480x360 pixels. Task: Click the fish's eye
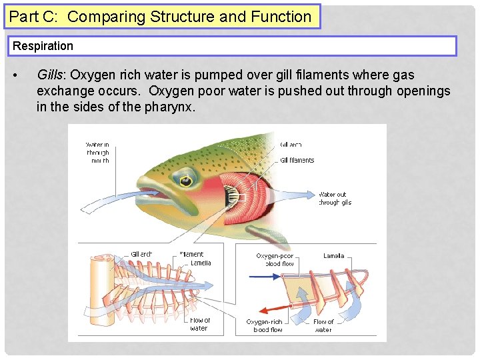click(185, 179)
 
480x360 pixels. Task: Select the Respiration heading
click(43, 46)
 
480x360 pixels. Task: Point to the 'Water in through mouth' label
click(97, 153)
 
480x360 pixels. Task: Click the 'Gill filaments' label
click(297, 160)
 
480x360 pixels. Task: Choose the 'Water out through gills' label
click(335, 199)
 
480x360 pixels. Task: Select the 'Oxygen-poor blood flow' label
click(275, 260)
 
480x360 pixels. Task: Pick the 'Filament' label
click(191, 254)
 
